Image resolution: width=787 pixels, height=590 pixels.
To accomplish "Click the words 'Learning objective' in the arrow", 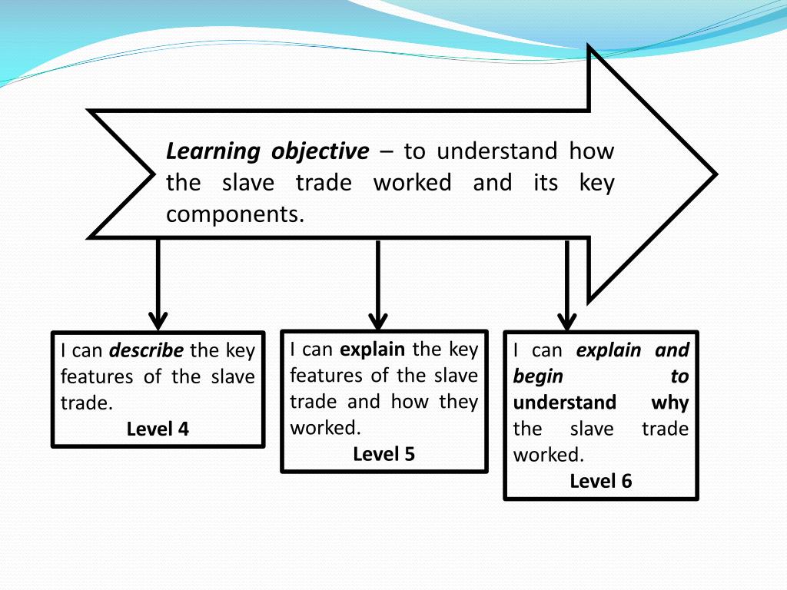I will (x=267, y=151).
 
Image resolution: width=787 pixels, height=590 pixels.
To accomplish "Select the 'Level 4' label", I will (x=158, y=429).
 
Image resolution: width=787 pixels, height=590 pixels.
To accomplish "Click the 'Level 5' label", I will (x=384, y=454).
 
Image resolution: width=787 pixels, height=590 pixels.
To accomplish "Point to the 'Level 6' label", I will (x=601, y=481).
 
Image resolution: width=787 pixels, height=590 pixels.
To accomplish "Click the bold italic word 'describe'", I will (x=147, y=351).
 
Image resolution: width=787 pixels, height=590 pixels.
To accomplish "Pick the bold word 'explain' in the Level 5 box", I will (x=372, y=350).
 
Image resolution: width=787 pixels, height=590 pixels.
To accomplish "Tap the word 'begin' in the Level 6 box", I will (x=538, y=376).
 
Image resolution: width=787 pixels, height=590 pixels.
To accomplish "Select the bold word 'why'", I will (x=670, y=403).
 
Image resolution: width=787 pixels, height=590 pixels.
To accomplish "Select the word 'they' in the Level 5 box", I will (x=459, y=402).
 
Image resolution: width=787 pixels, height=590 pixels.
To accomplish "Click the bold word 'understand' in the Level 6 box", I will (x=565, y=403).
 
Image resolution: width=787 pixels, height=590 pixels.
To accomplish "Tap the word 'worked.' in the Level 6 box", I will (x=549, y=455).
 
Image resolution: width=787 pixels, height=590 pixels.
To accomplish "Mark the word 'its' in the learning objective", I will (x=545, y=183).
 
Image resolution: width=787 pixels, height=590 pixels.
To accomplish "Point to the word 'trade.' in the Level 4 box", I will (x=87, y=403).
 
